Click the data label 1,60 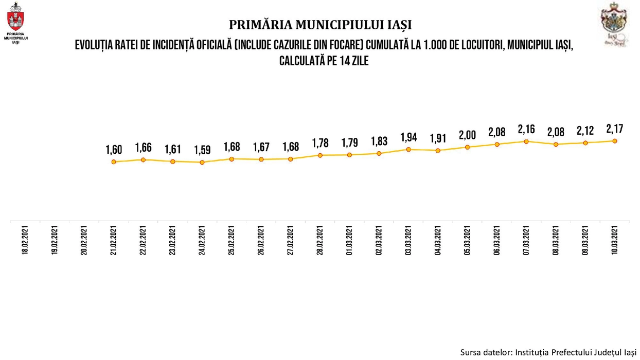[x=113, y=150]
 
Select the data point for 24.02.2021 [x=202, y=162]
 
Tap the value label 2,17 [x=614, y=129]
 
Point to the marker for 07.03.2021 [x=526, y=141]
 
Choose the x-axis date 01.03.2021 [x=349, y=241]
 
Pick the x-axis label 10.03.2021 [x=614, y=241]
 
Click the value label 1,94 [x=408, y=137]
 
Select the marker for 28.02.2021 [x=320, y=155]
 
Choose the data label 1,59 [x=202, y=151]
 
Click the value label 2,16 [x=526, y=129]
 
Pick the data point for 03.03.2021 [x=408, y=150]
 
